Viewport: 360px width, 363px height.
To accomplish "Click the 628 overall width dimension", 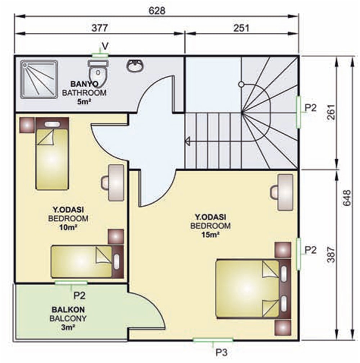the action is [x=157, y=11].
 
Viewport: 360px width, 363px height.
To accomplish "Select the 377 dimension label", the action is [x=100, y=28].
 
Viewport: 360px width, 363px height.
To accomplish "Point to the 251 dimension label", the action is [x=241, y=28].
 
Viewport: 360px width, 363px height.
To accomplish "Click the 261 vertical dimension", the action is [x=331, y=112].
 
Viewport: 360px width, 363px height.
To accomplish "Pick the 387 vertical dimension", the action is [x=331, y=255].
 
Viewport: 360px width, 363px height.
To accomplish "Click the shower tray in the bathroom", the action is [x=39, y=79].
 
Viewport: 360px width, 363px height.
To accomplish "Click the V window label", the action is [x=105, y=46].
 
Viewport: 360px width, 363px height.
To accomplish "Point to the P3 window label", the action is [x=221, y=353].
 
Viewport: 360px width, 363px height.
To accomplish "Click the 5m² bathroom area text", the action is [x=84, y=102].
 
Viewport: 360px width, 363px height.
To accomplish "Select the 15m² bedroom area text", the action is [x=210, y=235].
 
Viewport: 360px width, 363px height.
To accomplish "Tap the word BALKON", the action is [x=68, y=310].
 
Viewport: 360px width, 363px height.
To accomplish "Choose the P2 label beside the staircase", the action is [x=310, y=108].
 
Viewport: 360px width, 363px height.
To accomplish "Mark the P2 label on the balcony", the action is [x=79, y=296].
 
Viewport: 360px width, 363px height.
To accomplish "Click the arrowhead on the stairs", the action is [x=187, y=141].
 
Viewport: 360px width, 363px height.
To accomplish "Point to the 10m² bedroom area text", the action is [x=68, y=228].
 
